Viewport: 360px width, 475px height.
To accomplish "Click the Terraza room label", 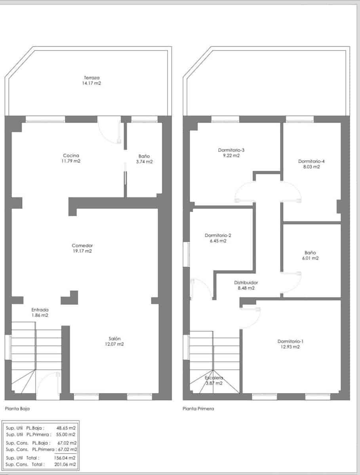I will pos(92,78).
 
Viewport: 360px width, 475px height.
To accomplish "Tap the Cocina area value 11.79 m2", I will pos(72,161).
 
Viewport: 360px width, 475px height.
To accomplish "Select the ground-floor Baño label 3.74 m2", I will pos(144,162).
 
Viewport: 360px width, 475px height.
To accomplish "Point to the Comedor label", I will pos(82,245).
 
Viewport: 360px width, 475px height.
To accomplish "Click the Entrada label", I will pos(40,310).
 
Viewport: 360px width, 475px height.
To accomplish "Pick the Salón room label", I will pos(114,338).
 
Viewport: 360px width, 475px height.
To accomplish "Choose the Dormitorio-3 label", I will pos(231,150).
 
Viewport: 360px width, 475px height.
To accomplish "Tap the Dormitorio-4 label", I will pos(311,161).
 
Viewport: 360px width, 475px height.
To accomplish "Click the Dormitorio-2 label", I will pos(218,235).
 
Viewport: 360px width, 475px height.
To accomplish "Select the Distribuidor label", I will pos(246,283).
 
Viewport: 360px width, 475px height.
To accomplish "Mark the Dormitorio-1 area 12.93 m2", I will pos(291,347).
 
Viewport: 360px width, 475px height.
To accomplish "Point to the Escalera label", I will pos(214,378).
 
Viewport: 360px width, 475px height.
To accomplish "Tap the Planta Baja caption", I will pos(17,408).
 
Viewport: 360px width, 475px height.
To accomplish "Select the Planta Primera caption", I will pos(198,408).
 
